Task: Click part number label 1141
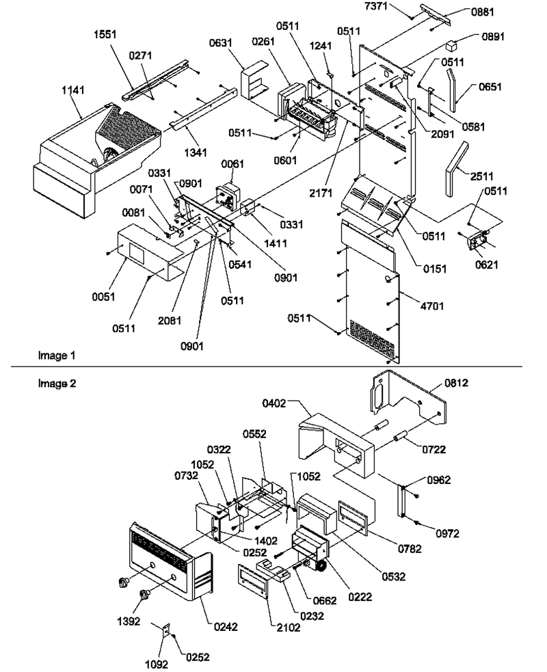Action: (x=73, y=90)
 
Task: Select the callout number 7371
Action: (x=376, y=6)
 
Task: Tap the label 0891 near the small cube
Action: (x=493, y=36)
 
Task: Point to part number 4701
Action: (x=432, y=306)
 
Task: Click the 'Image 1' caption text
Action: (x=57, y=355)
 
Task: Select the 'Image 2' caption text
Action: (x=57, y=383)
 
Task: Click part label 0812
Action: (x=457, y=382)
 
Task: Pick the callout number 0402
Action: (x=274, y=403)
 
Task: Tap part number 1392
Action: (x=129, y=621)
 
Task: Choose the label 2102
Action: (x=288, y=628)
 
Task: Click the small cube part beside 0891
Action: (x=451, y=45)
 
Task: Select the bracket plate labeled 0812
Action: (x=410, y=399)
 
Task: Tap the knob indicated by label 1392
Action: (x=146, y=595)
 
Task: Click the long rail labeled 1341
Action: (x=204, y=108)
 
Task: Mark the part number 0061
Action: (x=232, y=163)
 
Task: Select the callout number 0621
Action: (x=487, y=265)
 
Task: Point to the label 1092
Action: (x=157, y=664)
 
